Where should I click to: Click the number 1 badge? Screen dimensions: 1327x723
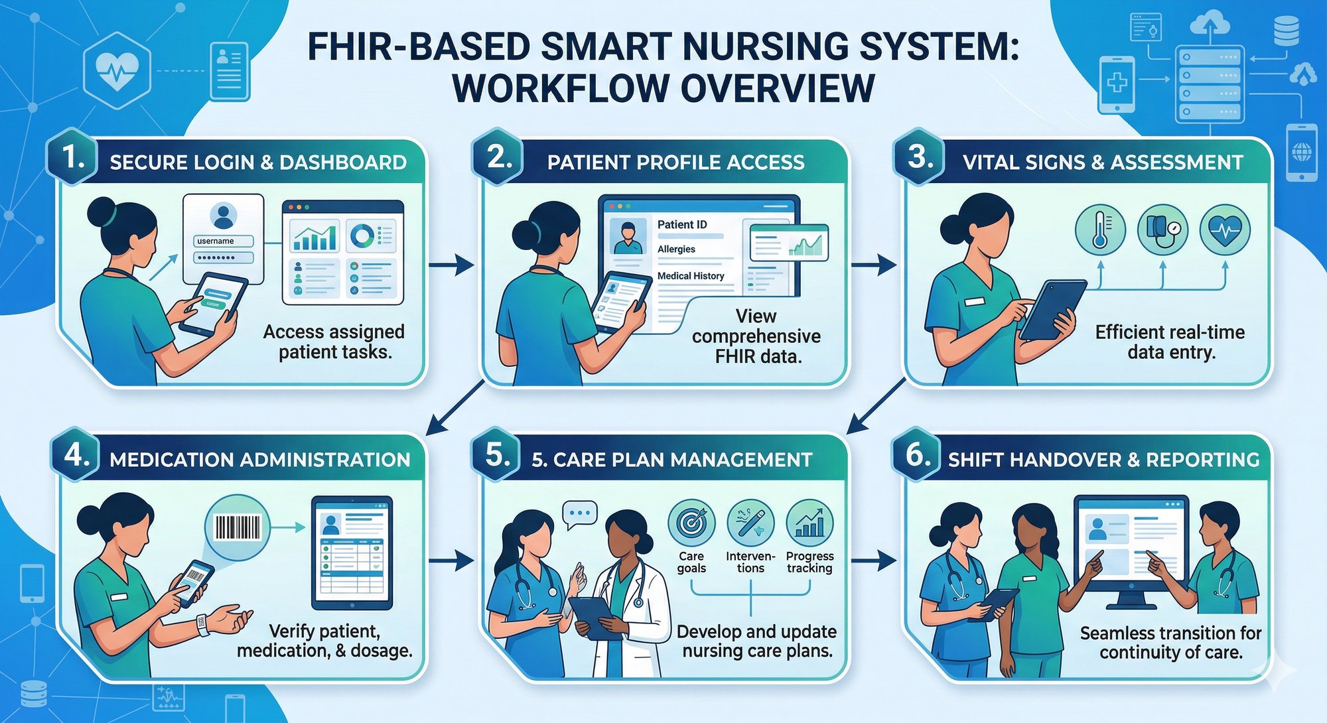(x=72, y=158)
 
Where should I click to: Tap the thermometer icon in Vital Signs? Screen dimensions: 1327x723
(x=1100, y=230)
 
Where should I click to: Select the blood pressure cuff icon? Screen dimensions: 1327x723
(x=1162, y=230)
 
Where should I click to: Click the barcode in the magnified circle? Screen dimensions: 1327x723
(x=238, y=528)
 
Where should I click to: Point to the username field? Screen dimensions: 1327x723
(x=223, y=241)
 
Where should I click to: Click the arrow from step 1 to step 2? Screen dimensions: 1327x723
(x=451, y=266)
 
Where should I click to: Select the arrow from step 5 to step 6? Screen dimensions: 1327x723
(x=873, y=561)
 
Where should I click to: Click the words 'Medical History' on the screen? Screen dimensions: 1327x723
(x=691, y=276)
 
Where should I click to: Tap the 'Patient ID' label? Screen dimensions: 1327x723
(x=682, y=225)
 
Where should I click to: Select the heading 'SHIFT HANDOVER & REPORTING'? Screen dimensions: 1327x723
(x=1103, y=460)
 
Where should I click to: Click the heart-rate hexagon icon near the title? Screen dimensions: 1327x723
(x=117, y=70)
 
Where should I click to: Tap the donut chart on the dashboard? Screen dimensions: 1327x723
(x=362, y=235)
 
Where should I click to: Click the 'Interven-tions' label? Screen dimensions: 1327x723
(x=750, y=562)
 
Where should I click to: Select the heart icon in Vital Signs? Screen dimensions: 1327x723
(x=1225, y=230)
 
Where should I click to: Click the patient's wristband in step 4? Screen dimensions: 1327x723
(x=202, y=624)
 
